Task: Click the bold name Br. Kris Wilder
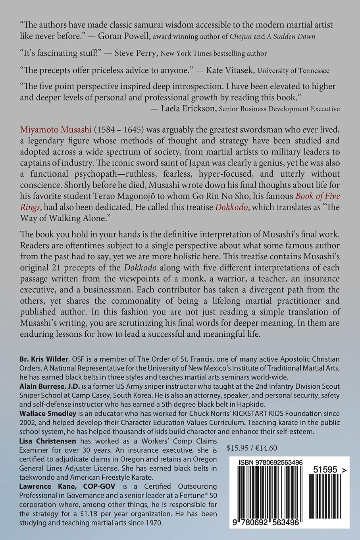coord(44,359)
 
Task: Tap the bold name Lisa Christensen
coord(48,441)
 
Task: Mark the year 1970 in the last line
coord(154,523)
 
